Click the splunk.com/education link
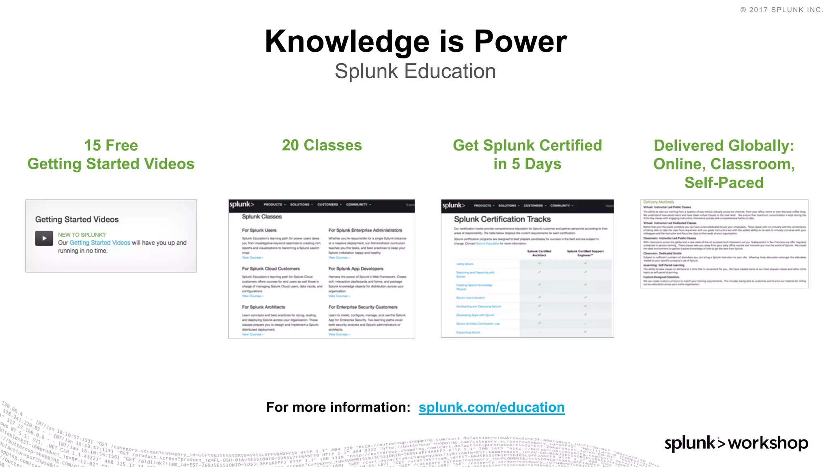[x=491, y=407]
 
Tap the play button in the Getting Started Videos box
[x=44, y=238]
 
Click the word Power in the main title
[x=521, y=41]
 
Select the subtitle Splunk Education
[x=415, y=71]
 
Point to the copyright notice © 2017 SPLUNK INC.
[x=781, y=10]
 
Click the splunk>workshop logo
[x=736, y=443]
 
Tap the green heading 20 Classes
[x=322, y=145]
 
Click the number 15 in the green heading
[x=92, y=146]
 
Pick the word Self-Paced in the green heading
[x=724, y=182]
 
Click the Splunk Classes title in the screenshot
[x=262, y=217]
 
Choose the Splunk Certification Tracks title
[x=502, y=219]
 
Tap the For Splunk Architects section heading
[x=263, y=307]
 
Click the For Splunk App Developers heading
[x=356, y=269]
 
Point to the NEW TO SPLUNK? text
[x=82, y=235]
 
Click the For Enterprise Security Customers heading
[x=363, y=307]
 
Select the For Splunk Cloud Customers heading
[x=271, y=269]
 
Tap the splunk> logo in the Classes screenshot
[x=241, y=204]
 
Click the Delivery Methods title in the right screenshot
[x=659, y=202]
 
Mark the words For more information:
[x=338, y=407]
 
